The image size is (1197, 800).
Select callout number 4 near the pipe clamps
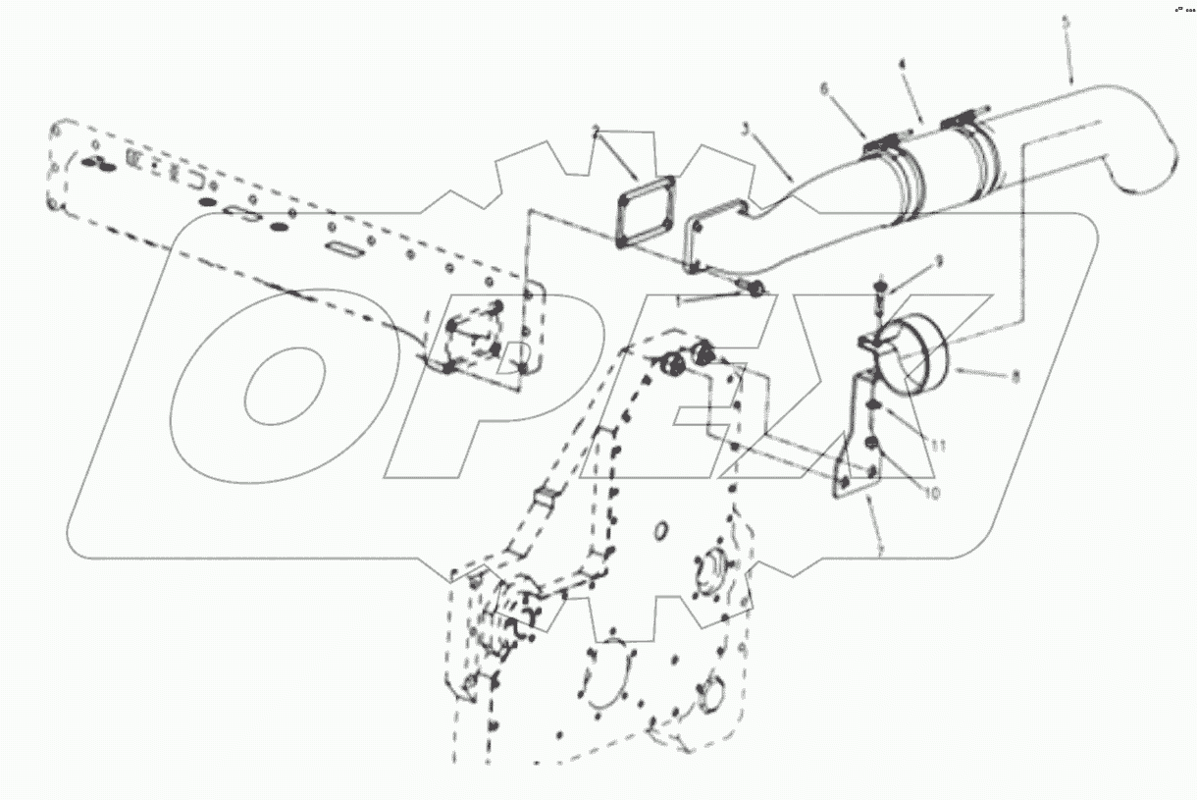pos(901,65)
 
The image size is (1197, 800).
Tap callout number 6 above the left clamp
pos(824,87)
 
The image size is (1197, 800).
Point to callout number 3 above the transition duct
pos(747,129)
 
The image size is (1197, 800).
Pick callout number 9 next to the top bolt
pos(938,260)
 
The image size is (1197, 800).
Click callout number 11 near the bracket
pos(938,445)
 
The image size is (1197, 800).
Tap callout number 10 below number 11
pos(930,494)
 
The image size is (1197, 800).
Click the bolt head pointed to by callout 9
pos(881,286)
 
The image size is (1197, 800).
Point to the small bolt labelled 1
pos(755,291)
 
